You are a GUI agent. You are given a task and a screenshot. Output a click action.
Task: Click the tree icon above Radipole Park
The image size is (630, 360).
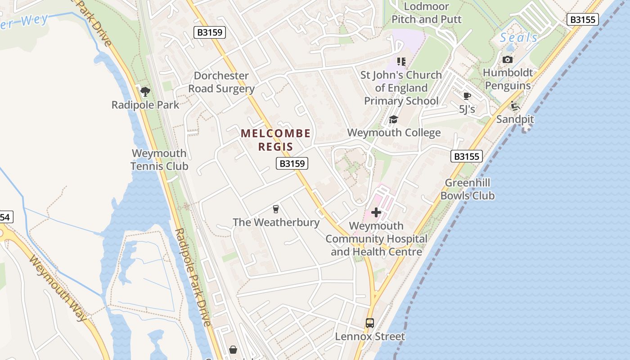coord(145,92)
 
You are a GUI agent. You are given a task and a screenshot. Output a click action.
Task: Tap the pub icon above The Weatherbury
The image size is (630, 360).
coord(276,209)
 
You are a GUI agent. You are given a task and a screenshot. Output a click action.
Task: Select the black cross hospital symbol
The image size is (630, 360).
coord(376,212)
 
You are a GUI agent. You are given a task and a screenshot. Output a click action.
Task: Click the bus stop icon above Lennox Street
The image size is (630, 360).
coord(370,323)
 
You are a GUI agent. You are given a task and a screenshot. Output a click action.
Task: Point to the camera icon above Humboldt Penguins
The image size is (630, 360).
coord(507,59)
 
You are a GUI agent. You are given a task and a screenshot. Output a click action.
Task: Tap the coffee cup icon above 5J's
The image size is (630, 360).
coord(467,96)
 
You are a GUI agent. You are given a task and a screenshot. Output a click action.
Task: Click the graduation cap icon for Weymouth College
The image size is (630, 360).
coord(394,119)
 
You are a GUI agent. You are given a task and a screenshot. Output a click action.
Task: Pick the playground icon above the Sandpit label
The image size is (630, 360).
coord(515,106)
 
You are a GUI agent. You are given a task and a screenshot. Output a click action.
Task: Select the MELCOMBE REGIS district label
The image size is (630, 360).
coord(275,140)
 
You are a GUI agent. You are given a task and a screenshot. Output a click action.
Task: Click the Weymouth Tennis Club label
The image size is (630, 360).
coord(159,160)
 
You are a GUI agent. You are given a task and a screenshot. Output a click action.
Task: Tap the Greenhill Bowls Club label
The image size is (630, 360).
coord(468,189)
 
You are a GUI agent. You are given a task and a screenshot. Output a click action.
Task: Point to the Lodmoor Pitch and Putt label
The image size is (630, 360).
coord(427,13)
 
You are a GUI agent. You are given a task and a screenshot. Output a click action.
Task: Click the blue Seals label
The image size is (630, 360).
coord(519,38)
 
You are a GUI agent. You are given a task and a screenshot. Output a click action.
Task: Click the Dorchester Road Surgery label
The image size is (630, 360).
coord(221,82)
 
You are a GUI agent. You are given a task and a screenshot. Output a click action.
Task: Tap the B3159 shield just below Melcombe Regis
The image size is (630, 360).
coord(292,163)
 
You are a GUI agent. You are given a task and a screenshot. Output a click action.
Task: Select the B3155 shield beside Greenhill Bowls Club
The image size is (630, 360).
coord(466,156)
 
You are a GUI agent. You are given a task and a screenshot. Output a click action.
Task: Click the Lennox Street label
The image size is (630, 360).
coord(370,336)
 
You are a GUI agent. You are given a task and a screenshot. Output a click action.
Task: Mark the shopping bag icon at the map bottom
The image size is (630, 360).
coord(233,349)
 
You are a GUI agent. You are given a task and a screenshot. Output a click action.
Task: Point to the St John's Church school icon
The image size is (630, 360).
coord(401,62)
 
